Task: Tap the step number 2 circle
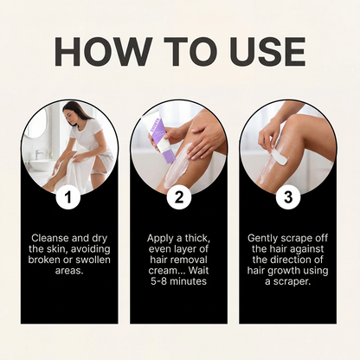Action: [179, 198]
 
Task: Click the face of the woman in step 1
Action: [73, 112]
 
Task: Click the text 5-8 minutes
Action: [179, 282]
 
